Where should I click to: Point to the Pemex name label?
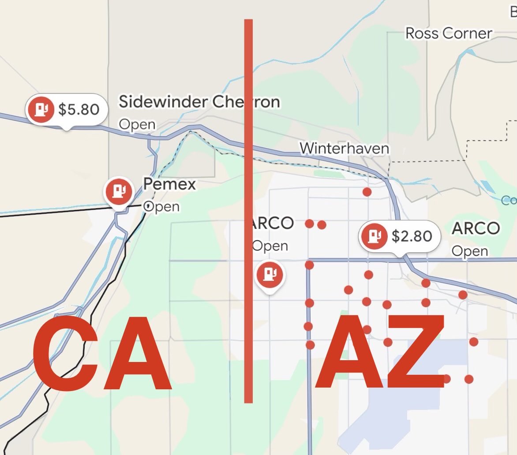pos(169,184)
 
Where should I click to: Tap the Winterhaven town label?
pos(344,148)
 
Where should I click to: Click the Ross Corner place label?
pos(449,33)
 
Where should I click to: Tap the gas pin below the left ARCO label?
pos(270,275)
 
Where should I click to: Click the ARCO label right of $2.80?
pos(476,228)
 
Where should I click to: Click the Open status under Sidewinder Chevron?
pos(137,125)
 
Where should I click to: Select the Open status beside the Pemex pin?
pos(162,207)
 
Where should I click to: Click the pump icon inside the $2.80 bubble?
pos(374,236)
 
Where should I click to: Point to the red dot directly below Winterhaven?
pos(367,192)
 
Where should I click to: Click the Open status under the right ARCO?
pos(470,251)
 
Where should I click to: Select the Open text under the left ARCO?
pos(270,246)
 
